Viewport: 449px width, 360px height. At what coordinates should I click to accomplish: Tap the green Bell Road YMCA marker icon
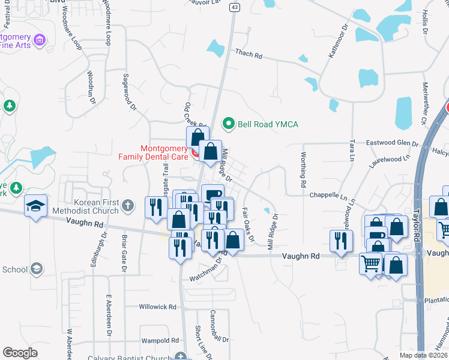tap(228, 124)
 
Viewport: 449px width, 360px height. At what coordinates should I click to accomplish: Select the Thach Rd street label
tap(249, 55)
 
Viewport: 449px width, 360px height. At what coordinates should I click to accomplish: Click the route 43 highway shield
tap(234, 7)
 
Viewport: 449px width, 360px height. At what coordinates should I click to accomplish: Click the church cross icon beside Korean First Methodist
tap(127, 206)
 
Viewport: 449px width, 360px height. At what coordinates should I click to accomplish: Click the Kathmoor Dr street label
tap(338, 41)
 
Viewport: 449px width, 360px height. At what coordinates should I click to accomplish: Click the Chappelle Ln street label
tap(328, 196)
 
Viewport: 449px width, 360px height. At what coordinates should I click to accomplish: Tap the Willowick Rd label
tap(157, 306)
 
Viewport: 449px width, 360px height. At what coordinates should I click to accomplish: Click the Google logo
tap(20, 353)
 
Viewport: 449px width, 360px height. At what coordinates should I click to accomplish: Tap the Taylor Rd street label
tap(417, 223)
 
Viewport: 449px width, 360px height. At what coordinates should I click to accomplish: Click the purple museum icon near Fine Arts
tap(40, 40)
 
